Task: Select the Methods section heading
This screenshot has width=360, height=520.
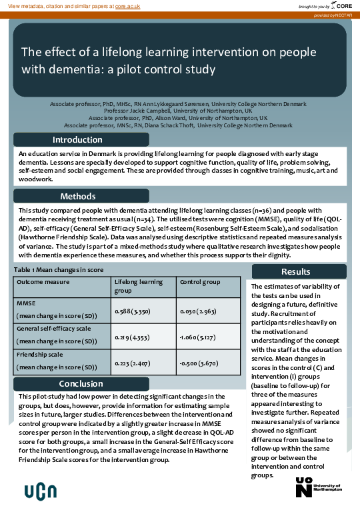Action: tap(78, 197)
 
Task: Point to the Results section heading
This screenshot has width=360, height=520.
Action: tap(295, 271)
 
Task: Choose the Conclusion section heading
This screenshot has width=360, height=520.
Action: tap(81, 383)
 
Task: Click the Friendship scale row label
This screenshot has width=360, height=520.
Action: tap(41, 357)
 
